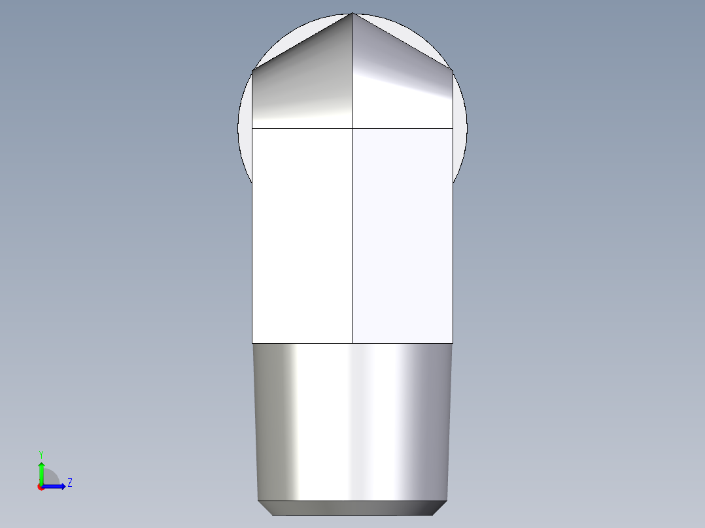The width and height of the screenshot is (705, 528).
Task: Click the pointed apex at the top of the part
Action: pyautogui.click(x=352, y=14)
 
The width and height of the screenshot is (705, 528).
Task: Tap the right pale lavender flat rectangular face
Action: pyautogui.click(x=402, y=235)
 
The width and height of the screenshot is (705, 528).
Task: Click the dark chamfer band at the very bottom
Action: pyautogui.click(x=352, y=508)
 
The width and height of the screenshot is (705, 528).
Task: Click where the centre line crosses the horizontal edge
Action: pyautogui.click(x=352, y=128)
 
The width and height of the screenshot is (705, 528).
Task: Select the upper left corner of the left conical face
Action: pyautogui.click(x=252, y=70)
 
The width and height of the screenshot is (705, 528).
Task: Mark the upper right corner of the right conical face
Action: pyautogui.click(x=452, y=70)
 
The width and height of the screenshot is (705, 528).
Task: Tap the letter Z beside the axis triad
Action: pyautogui.click(x=69, y=483)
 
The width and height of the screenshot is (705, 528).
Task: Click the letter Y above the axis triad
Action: pyautogui.click(x=41, y=454)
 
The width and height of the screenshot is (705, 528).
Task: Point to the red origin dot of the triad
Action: pyautogui.click(x=41, y=487)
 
